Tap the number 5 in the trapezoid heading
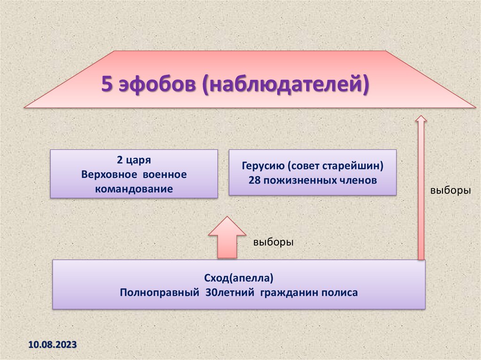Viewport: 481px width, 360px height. pos(107,84)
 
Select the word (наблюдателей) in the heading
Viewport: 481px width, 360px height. pos(286,84)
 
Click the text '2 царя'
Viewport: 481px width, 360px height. pos(134,160)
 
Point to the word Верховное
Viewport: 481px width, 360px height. pos(109,175)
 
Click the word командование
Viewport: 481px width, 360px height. pos(134,189)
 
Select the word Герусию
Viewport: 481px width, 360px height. pos(263,166)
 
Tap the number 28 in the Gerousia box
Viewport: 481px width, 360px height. pos(254,180)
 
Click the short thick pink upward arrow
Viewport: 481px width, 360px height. pos(227,237)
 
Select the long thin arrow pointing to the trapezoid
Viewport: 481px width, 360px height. pos(421,188)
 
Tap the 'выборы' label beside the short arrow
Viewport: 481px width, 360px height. pos(273,242)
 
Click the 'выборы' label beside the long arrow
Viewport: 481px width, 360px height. pos(450,191)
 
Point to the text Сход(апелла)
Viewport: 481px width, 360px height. pos(239,278)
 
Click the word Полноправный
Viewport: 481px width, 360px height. pos(160,292)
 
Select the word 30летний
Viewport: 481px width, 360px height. pos(230,292)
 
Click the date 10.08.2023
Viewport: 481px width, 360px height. pos(53,345)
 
